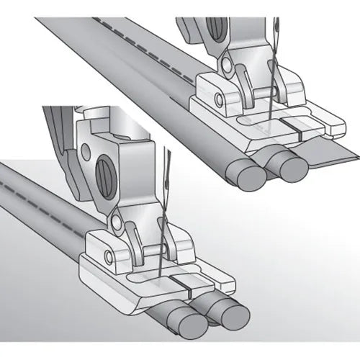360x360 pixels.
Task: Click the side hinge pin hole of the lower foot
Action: pos(110,256)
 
